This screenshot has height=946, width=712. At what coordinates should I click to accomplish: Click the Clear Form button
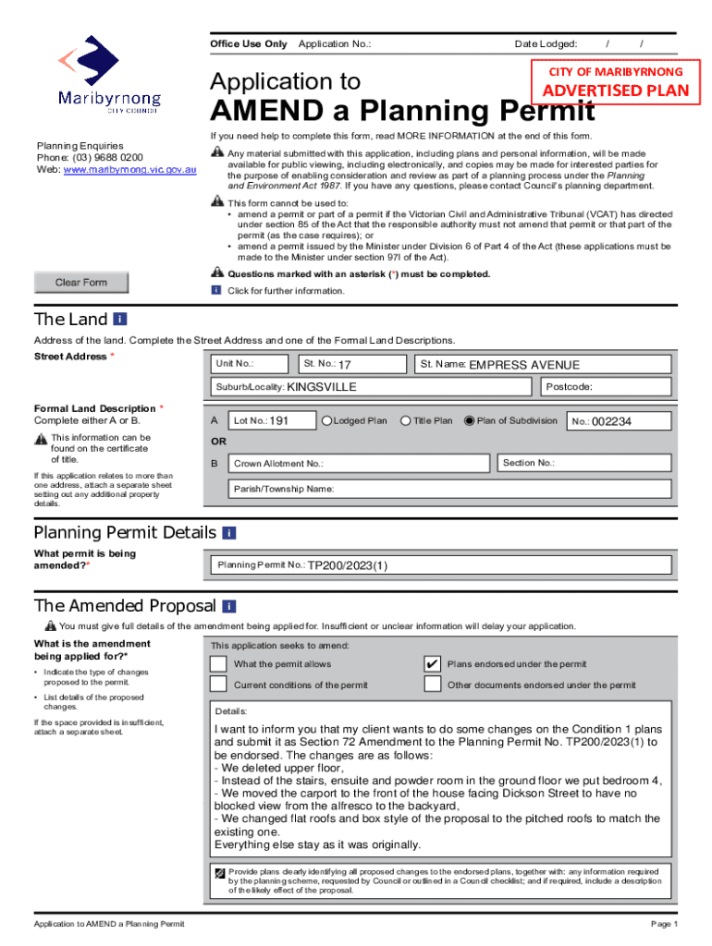[81, 283]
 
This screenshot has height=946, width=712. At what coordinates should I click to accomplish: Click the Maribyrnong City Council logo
[109, 74]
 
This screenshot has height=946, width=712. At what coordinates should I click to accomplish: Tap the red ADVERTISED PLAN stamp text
[615, 91]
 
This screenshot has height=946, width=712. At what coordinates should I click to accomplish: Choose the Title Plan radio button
[405, 421]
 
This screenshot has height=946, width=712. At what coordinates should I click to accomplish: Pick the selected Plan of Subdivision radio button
[469, 421]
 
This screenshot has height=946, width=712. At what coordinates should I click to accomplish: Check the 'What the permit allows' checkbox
[217, 664]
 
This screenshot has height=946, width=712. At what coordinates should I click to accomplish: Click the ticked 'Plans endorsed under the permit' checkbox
[432, 664]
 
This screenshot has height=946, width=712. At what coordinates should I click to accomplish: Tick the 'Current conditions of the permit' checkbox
[217, 685]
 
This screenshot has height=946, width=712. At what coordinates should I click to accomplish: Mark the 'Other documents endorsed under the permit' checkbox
[432, 685]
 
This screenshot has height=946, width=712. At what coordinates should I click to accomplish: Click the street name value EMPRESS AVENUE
[524, 365]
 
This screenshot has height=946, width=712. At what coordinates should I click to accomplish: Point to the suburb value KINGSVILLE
[322, 387]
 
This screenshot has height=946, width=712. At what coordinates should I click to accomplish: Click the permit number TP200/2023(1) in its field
[348, 565]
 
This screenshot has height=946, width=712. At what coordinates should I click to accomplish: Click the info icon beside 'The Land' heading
[119, 319]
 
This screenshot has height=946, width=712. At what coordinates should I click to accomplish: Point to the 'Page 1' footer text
[665, 924]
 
